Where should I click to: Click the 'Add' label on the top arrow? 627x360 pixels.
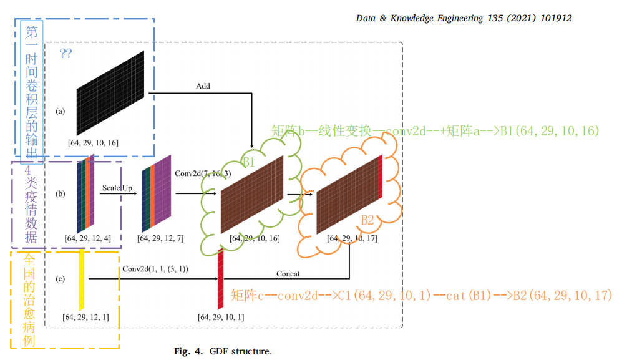[203, 86]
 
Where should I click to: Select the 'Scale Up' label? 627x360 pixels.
[118, 187]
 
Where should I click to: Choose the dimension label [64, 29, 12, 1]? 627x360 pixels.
[86, 318]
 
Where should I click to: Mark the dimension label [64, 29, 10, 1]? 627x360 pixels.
[221, 318]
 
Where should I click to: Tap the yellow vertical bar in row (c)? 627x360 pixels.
[81, 278]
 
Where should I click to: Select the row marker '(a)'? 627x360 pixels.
[61, 112]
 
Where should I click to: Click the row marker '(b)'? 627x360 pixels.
[61, 194]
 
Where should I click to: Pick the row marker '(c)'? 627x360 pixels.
[61, 278]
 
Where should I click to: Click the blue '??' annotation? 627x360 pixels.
[66, 54]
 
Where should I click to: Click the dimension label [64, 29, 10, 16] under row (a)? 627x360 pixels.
[94, 143]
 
